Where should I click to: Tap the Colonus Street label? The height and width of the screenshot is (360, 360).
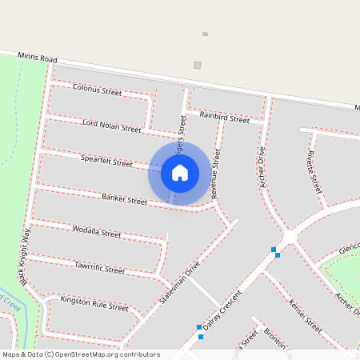[97, 90]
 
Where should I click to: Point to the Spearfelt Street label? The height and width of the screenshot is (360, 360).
[106, 161]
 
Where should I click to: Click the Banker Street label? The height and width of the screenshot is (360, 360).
[124, 198]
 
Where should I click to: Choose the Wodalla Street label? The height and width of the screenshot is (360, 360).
[96, 233]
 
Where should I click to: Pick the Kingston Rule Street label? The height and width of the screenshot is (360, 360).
[94, 304]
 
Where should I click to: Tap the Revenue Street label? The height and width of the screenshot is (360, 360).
[214, 173]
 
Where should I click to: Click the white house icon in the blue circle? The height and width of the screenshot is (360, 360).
[180, 173]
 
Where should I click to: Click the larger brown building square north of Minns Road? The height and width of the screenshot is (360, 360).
[198, 65]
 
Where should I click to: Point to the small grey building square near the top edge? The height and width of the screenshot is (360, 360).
[205, 34]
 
